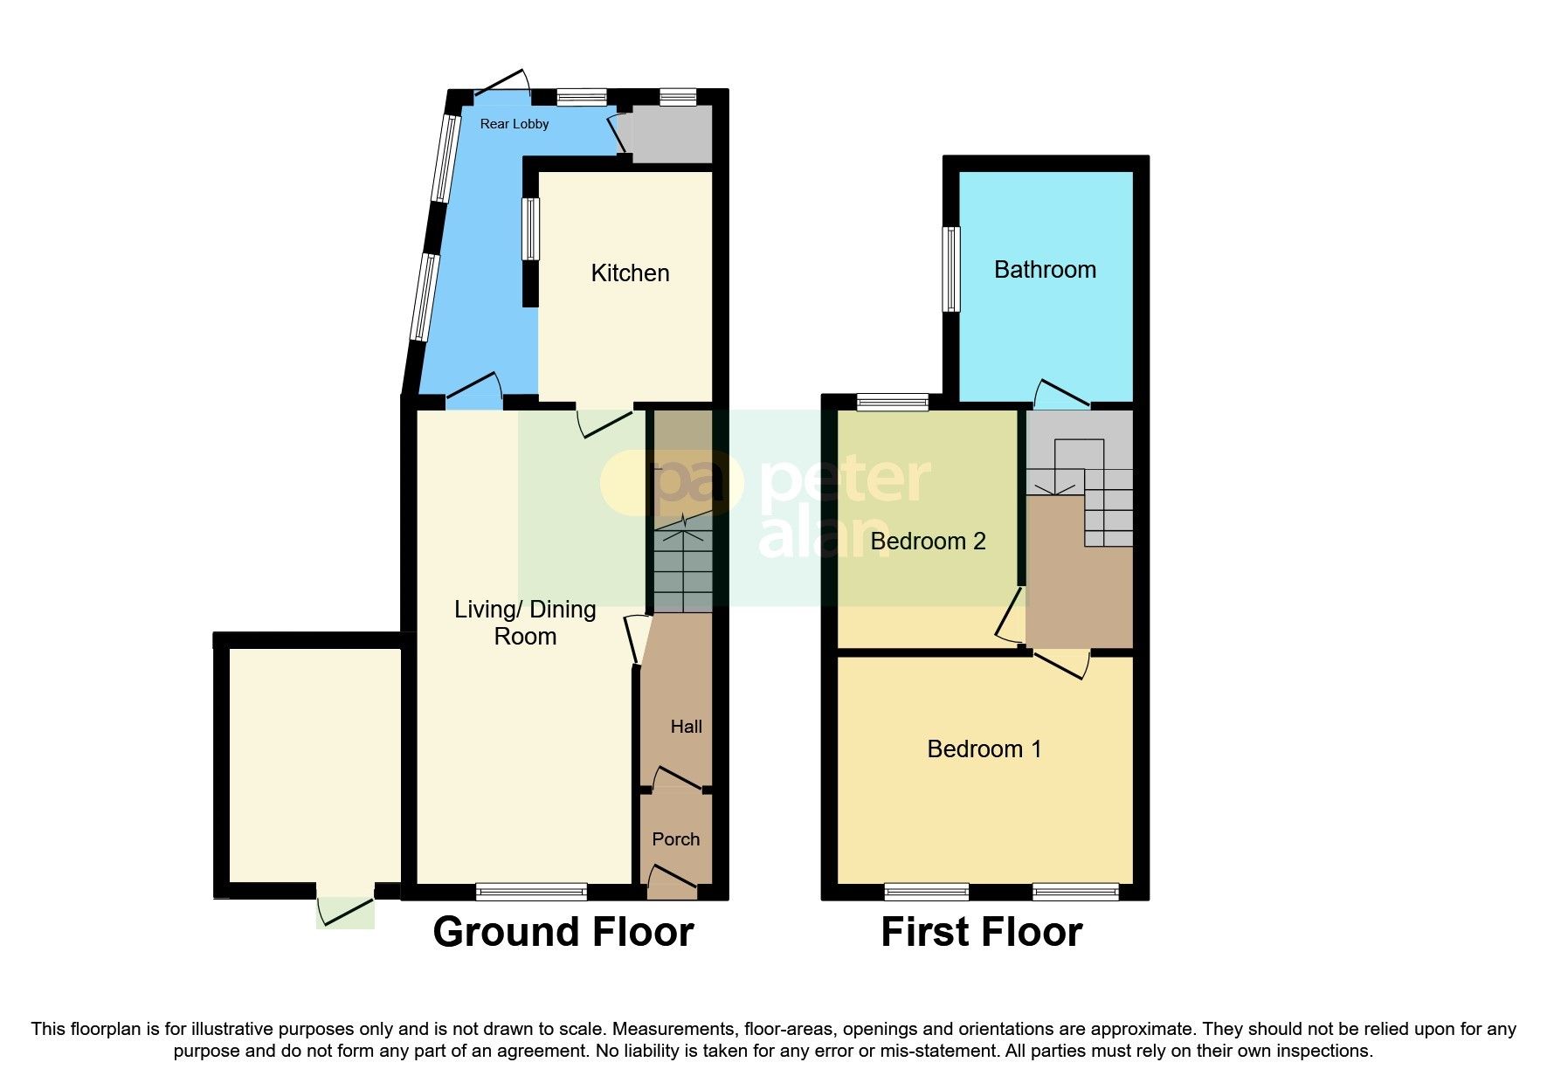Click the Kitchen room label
point(630,273)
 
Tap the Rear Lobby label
point(515,124)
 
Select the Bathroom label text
point(1045,270)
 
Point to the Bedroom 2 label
point(928,541)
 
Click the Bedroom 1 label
point(984,749)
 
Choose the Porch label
point(675,839)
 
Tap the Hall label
point(686,727)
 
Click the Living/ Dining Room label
point(525,623)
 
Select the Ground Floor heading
point(563,932)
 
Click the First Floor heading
point(981,932)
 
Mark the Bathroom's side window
point(951,269)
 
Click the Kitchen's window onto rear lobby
point(530,229)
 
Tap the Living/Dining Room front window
point(531,892)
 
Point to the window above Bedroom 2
point(892,402)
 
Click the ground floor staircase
point(683,566)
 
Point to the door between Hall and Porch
point(676,780)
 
